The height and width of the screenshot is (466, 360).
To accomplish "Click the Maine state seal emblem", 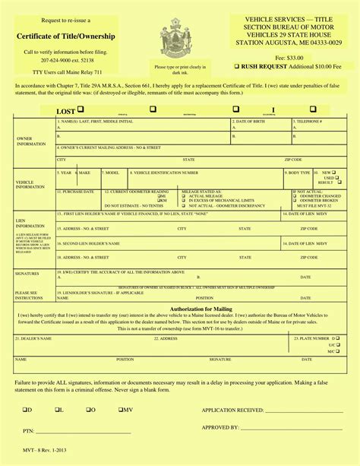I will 176,39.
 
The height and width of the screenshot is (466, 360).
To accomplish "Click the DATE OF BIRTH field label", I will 252,122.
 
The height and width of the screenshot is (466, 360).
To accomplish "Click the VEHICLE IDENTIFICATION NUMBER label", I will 163,173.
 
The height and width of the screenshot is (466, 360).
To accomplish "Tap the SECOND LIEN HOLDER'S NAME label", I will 90,243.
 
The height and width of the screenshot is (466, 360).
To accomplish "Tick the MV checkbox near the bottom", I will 121,409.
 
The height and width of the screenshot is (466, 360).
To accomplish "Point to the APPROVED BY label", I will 222,427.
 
